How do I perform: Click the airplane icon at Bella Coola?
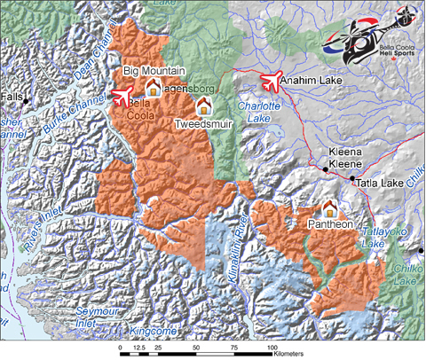(121, 94)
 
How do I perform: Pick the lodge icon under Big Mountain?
(153, 87)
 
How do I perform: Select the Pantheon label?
(330, 226)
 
